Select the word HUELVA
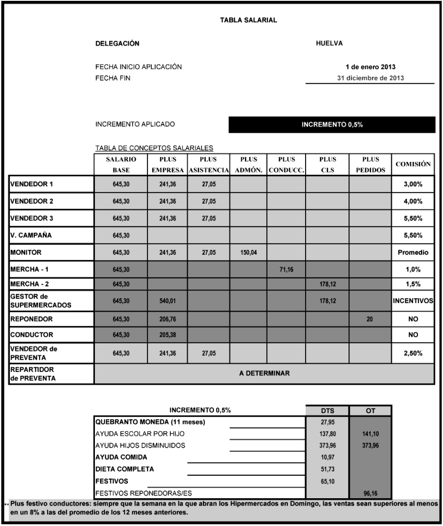pos(330,43)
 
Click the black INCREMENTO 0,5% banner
pos(332,125)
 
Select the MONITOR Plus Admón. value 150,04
pos(248,252)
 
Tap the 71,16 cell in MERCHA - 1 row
pos(286,270)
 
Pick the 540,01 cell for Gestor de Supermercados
pos(164,301)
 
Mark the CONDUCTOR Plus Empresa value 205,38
pos(164,335)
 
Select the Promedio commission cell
pos(413,252)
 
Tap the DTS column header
pos(327,411)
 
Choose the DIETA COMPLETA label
pos(125,469)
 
